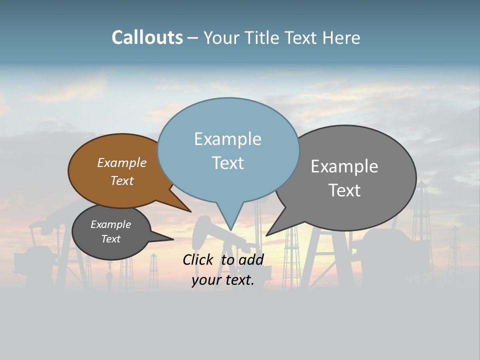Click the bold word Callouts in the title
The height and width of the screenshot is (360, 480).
147,37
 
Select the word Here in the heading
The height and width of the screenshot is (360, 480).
341,37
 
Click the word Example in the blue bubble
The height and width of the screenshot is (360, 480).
227,139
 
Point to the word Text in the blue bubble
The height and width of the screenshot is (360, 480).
227,162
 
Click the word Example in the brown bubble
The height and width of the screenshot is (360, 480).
122,162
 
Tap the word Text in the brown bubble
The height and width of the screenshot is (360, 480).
122,180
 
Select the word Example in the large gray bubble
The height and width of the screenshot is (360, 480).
344,166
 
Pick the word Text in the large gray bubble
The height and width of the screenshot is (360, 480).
344,190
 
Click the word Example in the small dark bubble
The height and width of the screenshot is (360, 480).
110,224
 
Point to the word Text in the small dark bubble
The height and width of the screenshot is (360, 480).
110,239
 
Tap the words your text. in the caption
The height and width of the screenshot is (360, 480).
222,280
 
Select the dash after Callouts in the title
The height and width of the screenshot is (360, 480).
193,37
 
